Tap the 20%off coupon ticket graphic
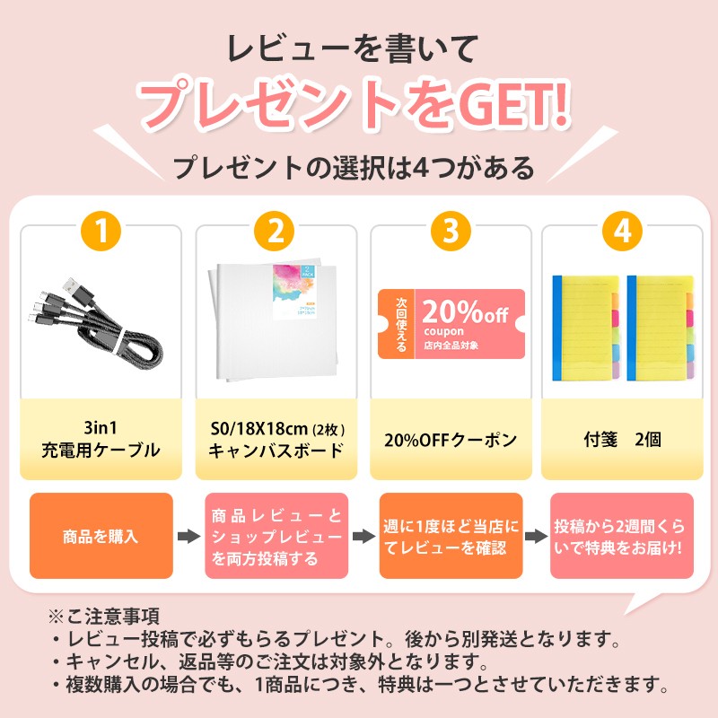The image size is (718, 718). pos(451,324)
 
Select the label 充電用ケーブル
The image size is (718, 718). pos(101,451)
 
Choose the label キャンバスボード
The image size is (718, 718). pos(276,451)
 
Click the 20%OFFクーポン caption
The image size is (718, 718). pos(451,440)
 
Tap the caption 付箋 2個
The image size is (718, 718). pos(622,440)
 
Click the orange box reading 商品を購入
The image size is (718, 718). pos(101,537)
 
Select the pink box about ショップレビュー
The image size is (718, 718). pos(276,537)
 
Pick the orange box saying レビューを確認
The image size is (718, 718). pos(451,537)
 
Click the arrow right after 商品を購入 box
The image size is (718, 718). pos(188,537)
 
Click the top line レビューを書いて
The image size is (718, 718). pos(357,45)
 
